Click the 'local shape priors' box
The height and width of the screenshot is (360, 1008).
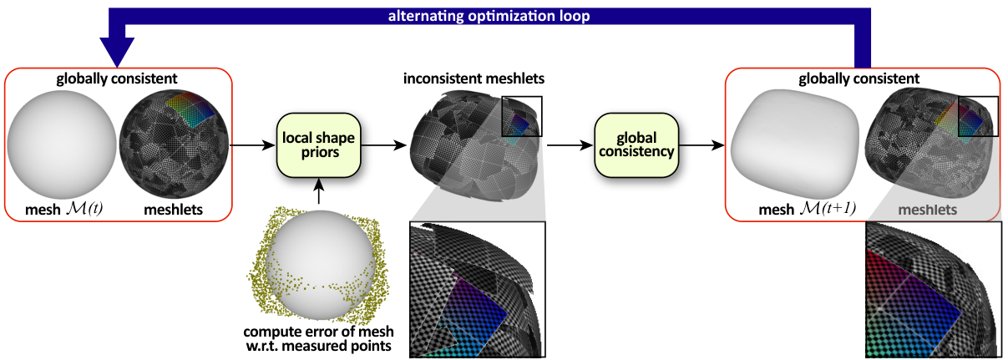click(318, 145)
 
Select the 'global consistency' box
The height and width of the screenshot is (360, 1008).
click(636, 145)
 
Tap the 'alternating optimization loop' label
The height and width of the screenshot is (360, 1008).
click(489, 16)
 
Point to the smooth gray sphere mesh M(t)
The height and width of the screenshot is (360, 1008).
click(62, 145)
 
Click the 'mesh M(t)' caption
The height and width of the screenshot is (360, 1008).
click(64, 210)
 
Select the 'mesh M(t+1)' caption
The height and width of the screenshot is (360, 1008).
click(808, 210)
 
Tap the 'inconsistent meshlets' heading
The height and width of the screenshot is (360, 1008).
click(474, 79)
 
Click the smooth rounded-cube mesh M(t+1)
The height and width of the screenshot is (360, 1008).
click(795, 144)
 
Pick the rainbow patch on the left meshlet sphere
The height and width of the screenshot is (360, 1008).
click(191, 109)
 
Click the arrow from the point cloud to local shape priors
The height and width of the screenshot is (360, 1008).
click(318, 191)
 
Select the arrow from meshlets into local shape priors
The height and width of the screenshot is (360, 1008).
click(252, 145)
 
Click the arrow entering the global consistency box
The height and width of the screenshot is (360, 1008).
click(570, 145)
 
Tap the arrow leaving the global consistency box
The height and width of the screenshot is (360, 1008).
click(702, 145)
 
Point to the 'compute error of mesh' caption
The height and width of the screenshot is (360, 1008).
click(318, 332)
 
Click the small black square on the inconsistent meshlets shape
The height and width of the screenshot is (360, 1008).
click(522, 116)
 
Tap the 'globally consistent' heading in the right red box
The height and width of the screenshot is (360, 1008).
click(859, 79)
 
